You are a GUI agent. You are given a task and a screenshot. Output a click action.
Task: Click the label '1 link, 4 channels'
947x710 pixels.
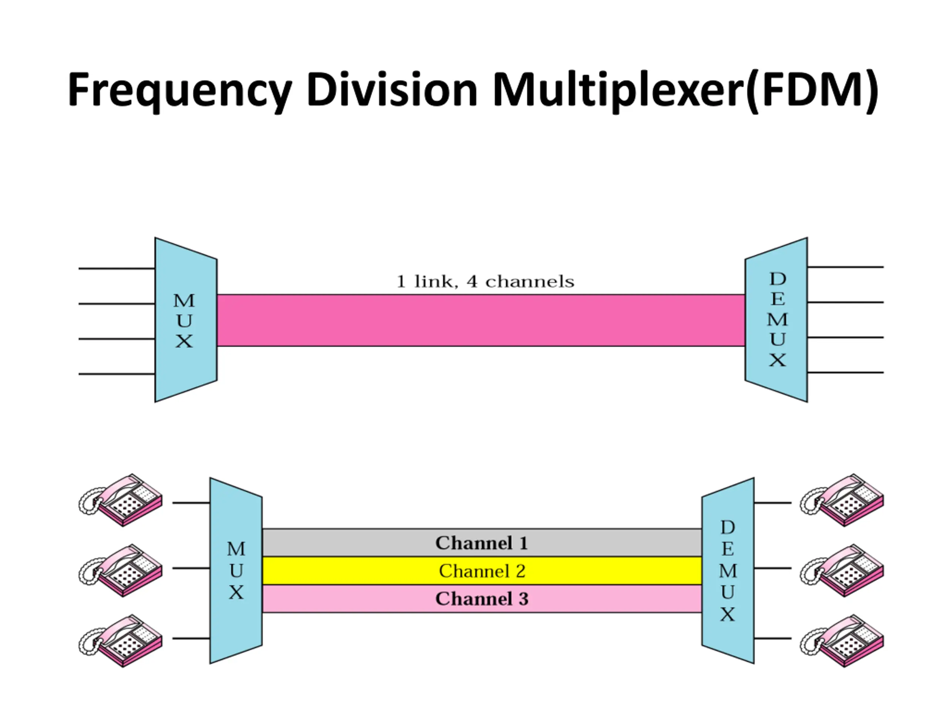485,282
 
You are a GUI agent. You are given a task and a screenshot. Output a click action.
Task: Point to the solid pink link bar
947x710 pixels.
481,320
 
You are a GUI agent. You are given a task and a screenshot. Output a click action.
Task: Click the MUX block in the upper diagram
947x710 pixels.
186,320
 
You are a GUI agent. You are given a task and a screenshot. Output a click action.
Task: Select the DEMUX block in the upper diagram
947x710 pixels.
776,320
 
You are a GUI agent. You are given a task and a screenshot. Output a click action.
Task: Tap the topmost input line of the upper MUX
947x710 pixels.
117,268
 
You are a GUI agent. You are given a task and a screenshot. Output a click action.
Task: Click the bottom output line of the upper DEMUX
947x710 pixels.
846,373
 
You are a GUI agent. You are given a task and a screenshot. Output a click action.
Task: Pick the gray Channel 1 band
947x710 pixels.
482,542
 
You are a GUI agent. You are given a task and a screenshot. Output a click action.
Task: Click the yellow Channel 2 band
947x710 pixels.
482,571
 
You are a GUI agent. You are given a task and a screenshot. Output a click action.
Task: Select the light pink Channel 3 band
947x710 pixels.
482,599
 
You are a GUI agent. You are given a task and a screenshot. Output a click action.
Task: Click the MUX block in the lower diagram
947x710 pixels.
236,571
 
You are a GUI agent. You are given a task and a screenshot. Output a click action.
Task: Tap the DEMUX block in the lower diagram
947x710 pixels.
728,571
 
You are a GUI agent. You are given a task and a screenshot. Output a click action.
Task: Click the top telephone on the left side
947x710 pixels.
121,500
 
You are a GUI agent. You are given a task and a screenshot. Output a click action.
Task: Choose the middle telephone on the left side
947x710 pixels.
121,570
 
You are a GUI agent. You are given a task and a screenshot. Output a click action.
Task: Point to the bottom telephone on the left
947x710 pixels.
121,641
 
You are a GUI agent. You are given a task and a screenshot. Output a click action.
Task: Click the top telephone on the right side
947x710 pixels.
842,500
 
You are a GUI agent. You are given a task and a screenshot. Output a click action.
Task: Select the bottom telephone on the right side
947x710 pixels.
842,641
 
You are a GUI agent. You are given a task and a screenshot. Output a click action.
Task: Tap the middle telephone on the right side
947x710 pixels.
842,570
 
